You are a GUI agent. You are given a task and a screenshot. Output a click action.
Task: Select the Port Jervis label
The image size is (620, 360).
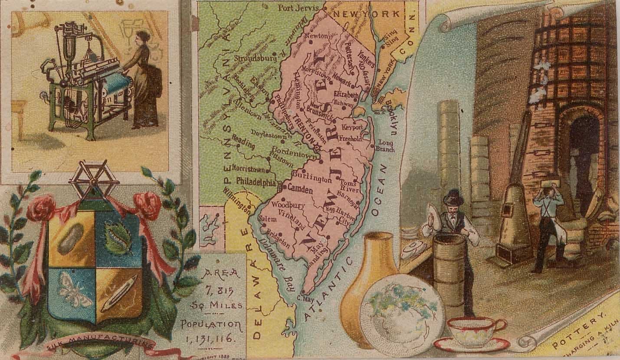coord(299,7)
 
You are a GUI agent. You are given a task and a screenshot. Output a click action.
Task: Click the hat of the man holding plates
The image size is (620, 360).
coord(453,197)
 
